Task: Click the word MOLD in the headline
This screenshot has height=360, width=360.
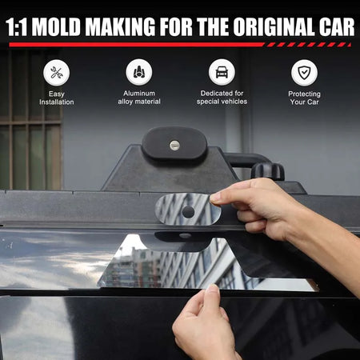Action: (x=56, y=27)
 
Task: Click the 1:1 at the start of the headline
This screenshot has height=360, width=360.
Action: (x=17, y=27)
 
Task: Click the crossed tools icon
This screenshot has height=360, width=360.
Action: (x=57, y=73)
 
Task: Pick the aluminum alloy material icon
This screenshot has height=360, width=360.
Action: (x=139, y=72)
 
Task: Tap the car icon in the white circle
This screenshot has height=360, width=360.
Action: (x=222, y=72)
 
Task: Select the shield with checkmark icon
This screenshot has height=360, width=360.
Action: (x=304, y=73)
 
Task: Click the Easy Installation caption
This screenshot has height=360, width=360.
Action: (x=57, y=98)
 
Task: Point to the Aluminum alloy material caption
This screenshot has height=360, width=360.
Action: (x=139, y=98)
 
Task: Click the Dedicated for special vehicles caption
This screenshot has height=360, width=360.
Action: (x=222, y=98)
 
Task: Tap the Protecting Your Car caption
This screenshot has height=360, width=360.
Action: (x=304, y=98)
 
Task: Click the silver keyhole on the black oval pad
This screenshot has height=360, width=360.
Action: (x=174, y=145)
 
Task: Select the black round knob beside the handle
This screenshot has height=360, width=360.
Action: (x=267, y=171)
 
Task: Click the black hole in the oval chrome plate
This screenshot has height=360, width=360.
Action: (x=188, y=211)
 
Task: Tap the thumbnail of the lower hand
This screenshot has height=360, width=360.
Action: (x=214, y=289)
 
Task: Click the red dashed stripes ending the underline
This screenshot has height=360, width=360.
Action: (x=308, y=45)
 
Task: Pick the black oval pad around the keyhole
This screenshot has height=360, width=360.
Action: (x=174, y=143)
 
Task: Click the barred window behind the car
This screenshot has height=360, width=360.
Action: (x=30, y=120)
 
